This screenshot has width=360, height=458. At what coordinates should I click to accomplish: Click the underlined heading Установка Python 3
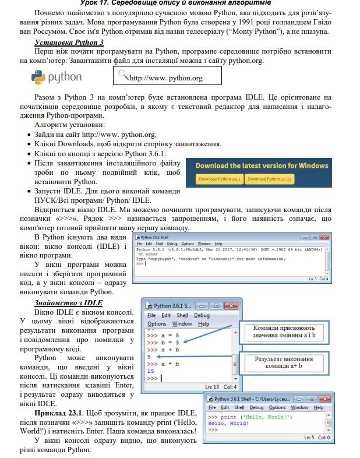coord(69,43)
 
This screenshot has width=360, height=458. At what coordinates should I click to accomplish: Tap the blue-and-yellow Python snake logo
coord(38,77)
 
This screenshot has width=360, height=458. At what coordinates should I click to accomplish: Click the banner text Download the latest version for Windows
coord(262,165)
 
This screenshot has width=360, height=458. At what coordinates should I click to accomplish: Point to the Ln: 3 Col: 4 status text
coord(318,279)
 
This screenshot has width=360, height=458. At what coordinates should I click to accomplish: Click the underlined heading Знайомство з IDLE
coord(68,302)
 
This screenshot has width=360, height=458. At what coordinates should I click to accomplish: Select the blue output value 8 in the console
coord(150,355)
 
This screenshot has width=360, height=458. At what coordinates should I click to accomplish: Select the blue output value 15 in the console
coord(151,371)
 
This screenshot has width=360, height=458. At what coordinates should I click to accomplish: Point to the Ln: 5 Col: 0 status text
coord(317,437)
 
